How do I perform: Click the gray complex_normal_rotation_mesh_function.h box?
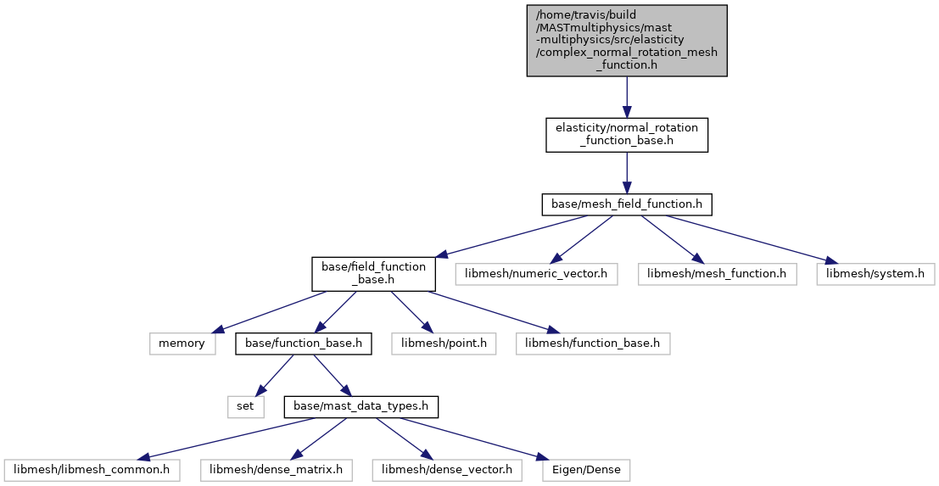(626, 41)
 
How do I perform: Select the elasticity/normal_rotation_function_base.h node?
(626, 135)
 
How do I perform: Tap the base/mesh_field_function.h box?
(626, 204)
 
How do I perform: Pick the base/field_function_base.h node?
(374, 274)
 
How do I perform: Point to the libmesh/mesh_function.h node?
(718, 274)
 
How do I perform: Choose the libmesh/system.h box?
(875, 274)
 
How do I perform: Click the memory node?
(182, 344)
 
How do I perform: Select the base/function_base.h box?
(304, 344)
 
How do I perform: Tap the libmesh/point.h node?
(444, 344)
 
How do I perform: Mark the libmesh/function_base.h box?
(593, 344)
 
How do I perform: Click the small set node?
(245, 407)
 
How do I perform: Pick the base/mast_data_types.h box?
(361, 407)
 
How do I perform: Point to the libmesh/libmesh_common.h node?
(92, 470)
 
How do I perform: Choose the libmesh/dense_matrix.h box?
(276, 470)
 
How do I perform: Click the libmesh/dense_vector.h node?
(447, 470)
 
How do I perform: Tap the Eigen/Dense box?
(586, 470)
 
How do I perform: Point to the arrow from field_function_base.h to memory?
(270, 311)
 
